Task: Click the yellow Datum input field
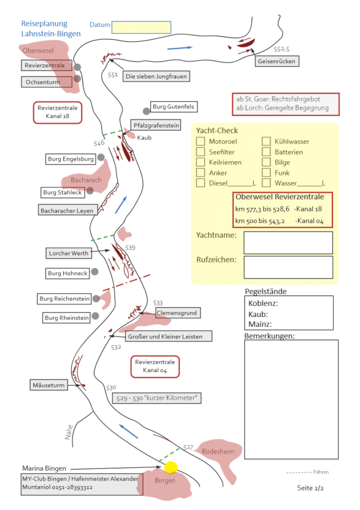pyautogui.click(x=141, y=28)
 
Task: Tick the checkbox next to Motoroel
pyautogui.click(x=201, y=141)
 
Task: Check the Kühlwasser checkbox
pyautogui.click(x=266, y=141)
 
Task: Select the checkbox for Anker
pyautogui.click(x=201, y=172)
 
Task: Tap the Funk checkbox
pyautogui.click(x=266, y=172)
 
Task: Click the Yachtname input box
pyautogui.click(x=288, y=243)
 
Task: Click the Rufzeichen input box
pyautogui.click(x=288, y=267)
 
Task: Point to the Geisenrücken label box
pyautogui.click(x=277, y=61)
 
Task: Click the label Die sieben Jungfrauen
pyautogui.click(x=156, y=77)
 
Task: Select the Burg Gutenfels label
pyautogui.click(x=174, y=107)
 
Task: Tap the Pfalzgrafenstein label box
pyautogui.click(x=156, y=125)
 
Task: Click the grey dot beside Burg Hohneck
pyautogui.click(x=94, y=272)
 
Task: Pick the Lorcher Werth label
pyautogui.click(x=69, y=253)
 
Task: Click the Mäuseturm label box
pyautogui.click(x=49, y=385)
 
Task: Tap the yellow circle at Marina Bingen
pyautogui.click(x=171, y=468)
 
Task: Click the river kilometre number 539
pyautogui.click(x=130, y=248)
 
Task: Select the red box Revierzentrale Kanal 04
pyautogui.click(x=155, y=367)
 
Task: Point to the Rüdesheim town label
pyautogui.click(x=218, y=451)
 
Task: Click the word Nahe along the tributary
pyautogui.click(x=69, y=432)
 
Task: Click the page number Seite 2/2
pyautogui.click(x=310, y=488)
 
